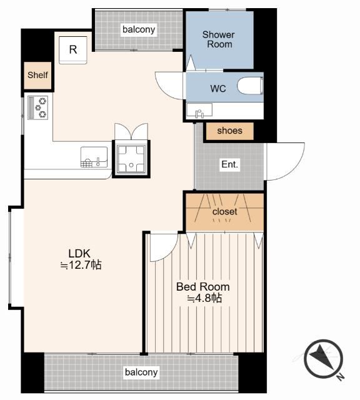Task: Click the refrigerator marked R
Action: tap(73, 50)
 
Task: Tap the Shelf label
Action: tap(37, 75)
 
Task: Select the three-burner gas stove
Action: tap(37, 107)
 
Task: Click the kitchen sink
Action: tap(94, 157)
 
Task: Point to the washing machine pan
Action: tap(131, 159)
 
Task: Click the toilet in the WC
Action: tap(250, 86)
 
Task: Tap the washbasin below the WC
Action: tap(199, 110)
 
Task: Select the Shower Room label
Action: tap(219, 39)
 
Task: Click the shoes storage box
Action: tap(229, 131)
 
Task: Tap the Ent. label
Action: tap(230, 164)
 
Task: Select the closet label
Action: tap(225, 211)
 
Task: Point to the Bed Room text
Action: tap(203, 287)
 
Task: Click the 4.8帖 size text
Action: tap(204, 298)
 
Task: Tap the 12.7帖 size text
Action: tap(81, 265)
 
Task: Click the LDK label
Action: tap(79, 254)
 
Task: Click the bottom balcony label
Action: tap(141, 372)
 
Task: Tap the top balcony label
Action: tap(139, 29)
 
